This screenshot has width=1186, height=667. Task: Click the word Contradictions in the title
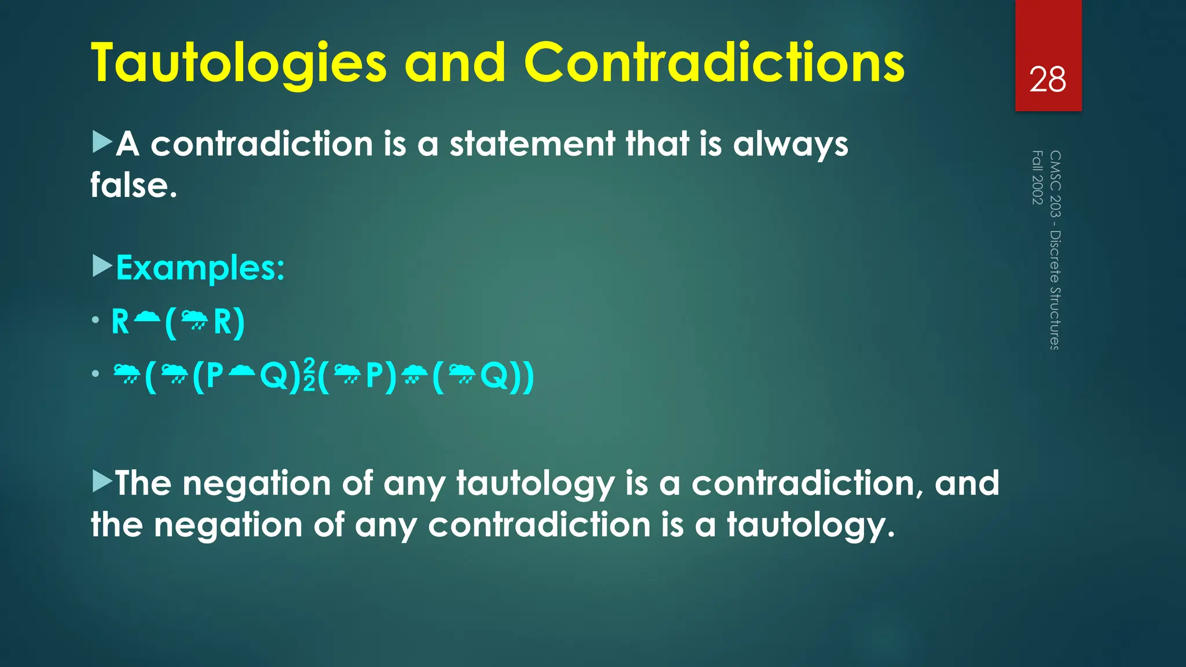coord(713,63)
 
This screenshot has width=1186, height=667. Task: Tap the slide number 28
coord(1047,80)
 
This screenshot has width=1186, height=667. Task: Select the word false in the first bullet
coord(133,185)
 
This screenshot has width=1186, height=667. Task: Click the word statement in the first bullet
coord(532,144)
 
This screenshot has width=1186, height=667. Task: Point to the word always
coord(790,145)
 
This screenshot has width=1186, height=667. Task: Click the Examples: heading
coord(200,268)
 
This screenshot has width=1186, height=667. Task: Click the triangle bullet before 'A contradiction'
coord(102,142)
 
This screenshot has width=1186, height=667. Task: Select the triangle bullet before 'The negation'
coord(102,482)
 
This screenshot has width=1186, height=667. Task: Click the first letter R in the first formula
coord(120,322)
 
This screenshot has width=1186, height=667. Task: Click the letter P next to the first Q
coord(214,376)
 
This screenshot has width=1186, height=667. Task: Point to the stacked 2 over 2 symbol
coord(309,375)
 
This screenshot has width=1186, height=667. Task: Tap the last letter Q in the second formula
coord(494,376)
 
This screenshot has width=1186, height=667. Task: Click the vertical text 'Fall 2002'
coord(1037,177)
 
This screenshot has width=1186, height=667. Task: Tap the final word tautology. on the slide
coord(811,525)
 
